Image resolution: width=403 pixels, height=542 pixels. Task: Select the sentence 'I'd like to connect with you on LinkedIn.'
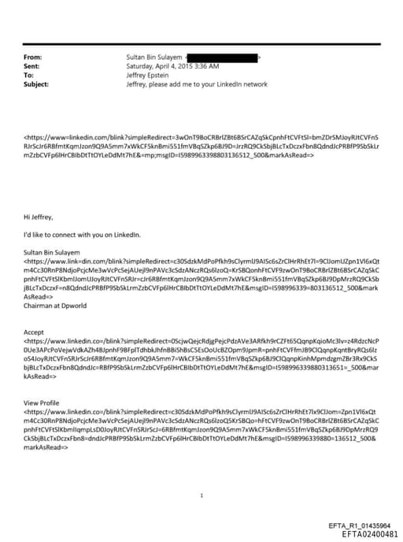point(82,234)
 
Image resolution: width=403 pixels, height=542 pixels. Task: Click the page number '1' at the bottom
point(202,473)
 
